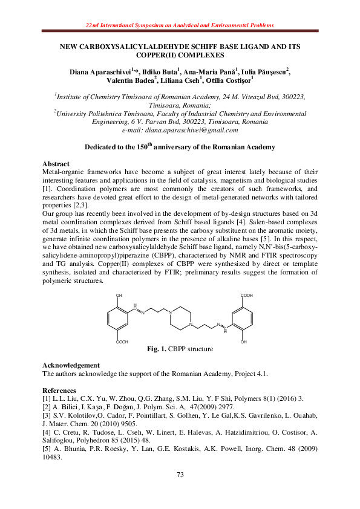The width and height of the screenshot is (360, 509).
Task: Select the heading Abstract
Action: tap(56, 164)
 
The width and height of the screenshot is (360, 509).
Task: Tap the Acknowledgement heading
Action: tap(71, 365)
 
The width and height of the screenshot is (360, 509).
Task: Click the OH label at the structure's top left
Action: tap(119, 296)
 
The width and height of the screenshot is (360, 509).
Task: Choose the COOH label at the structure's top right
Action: tap(246, 296)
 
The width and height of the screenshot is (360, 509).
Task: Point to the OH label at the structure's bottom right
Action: tap(243, 342)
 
